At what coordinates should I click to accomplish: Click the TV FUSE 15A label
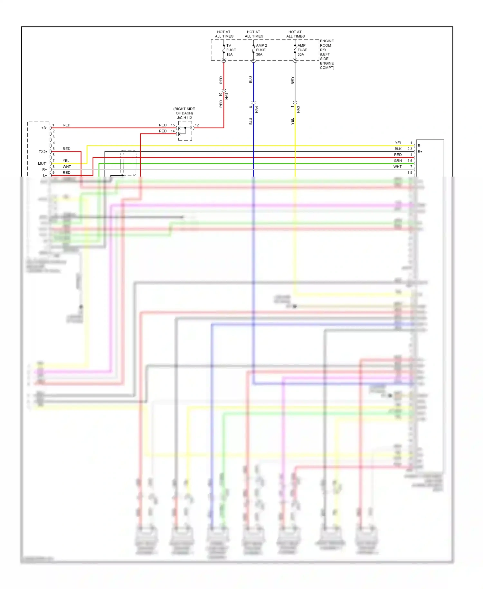231,50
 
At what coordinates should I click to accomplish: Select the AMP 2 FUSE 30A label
261,50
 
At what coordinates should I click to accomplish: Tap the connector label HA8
227,96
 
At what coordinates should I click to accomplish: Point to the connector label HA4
257,109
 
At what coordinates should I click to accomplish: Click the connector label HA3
298,109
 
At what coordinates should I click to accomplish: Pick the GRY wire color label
292,80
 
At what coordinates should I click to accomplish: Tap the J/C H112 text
185,118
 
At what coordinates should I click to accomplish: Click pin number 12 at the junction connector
197,125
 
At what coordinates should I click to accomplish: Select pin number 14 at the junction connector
173,131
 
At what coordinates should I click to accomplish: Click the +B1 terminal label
44,128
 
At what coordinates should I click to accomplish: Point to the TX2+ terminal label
43,151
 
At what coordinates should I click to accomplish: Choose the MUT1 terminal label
43,164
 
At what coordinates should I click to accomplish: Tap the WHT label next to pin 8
67,167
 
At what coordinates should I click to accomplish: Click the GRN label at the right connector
398,160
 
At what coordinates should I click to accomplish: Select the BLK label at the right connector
398,149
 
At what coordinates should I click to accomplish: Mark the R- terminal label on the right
420,146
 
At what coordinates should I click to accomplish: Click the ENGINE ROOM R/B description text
327,54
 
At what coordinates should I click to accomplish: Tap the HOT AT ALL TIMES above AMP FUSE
295,34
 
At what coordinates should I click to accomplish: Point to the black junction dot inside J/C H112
185,128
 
